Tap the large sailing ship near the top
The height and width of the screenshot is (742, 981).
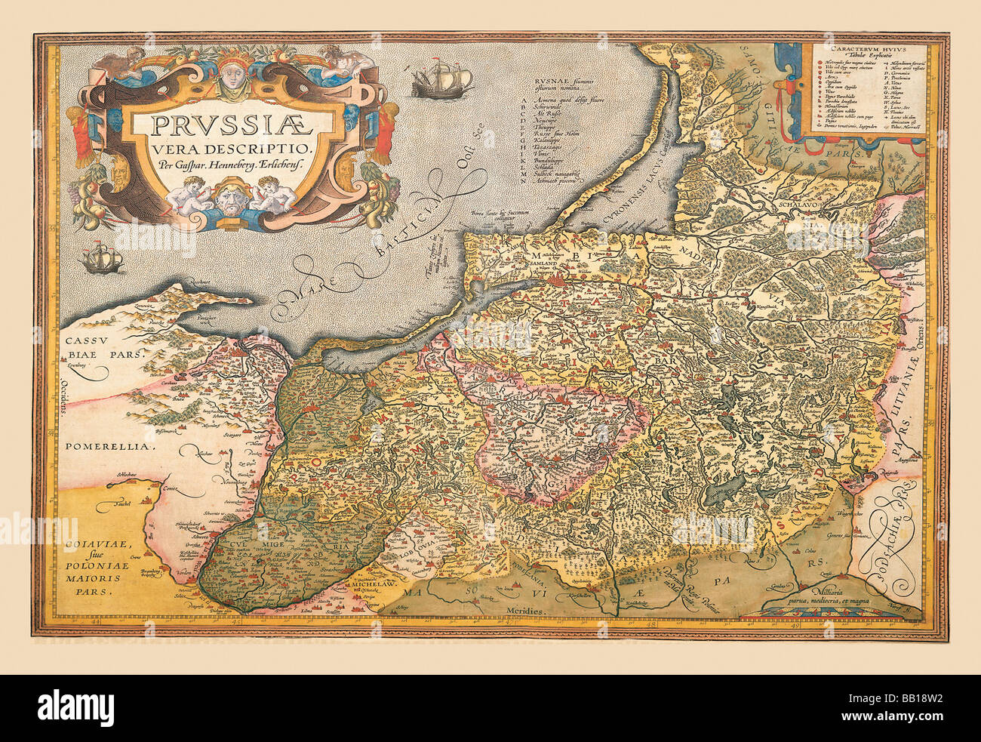[441, 80]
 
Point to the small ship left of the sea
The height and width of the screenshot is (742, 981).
[103, 259]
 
